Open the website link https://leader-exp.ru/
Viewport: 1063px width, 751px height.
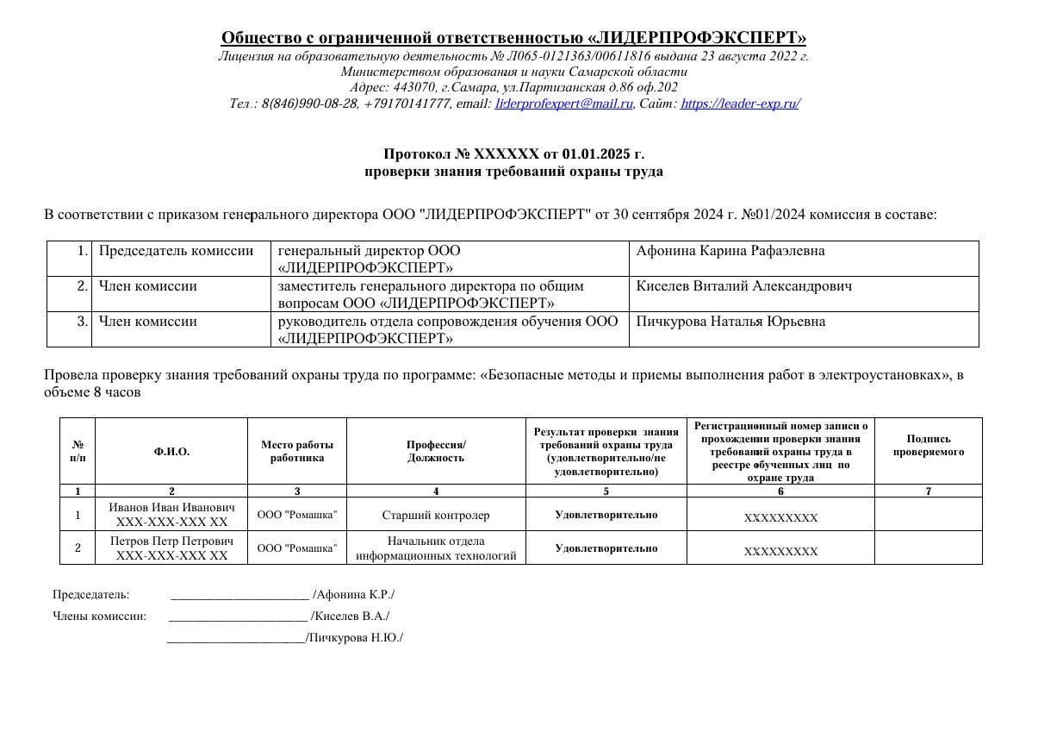[740, 103]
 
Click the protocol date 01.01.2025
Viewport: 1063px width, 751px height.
[596, 154]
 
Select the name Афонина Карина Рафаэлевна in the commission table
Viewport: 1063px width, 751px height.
[730, 251]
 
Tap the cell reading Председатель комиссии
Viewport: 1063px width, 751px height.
[176, 251]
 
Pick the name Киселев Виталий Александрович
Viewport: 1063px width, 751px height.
[743, 286]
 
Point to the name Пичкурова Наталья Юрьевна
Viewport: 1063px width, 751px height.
[730, 322]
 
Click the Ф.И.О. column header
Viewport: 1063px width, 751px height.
[171, 452]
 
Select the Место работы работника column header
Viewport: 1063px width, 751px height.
[297, 451]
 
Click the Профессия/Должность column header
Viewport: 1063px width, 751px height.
[436, 451]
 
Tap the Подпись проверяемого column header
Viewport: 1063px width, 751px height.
[928, 445]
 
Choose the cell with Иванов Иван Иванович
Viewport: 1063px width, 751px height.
[171, 515]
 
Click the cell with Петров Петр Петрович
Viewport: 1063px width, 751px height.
[171, 548]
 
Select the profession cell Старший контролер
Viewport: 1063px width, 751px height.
[436, 516]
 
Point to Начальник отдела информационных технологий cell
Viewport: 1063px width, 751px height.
[436, 548]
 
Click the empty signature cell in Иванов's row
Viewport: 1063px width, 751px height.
[928, 515]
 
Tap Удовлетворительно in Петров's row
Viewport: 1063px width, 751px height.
[606, 548]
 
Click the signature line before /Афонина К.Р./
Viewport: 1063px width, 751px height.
[239, 595]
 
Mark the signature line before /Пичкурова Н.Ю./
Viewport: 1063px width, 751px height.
[235, 638]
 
